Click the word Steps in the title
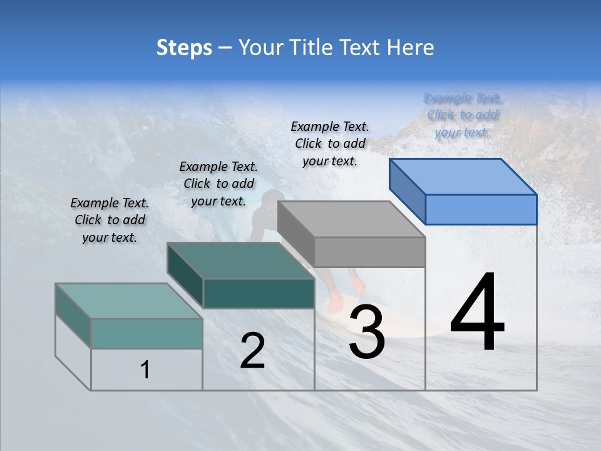click(184, 48)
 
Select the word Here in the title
click(411, 48)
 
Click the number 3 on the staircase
click(367, 332)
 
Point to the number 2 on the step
click(252, 351)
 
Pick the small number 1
click(145, 370)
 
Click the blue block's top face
click(463, 177)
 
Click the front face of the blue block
click(481, 209)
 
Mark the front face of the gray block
click(369, 252)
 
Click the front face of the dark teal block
click(259, 293)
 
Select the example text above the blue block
click(463, 115)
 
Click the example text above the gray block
click(330, 143)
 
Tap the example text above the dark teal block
click(218, 184)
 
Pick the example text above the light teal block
click(110, 220)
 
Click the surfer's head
click(269, 201)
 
